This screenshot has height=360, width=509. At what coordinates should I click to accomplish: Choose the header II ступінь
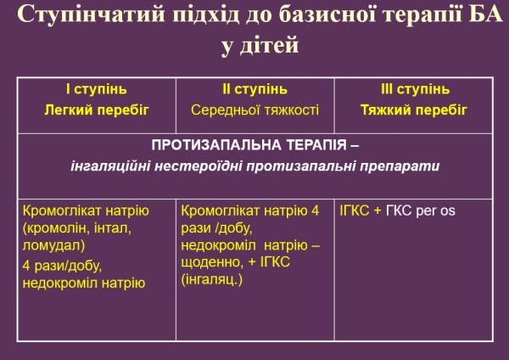[254, 89]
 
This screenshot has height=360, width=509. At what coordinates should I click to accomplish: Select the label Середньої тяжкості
[254, 110]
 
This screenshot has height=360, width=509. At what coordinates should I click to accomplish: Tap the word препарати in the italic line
[405, 166]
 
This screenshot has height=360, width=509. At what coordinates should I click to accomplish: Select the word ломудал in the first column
[53, 245]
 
